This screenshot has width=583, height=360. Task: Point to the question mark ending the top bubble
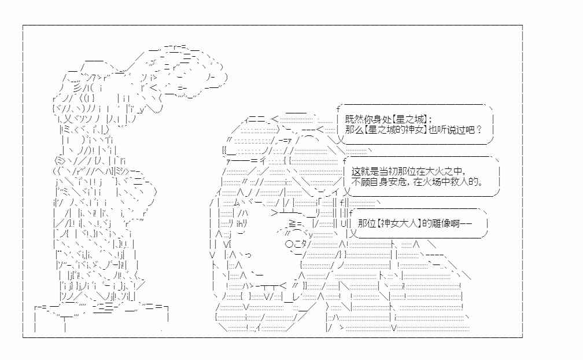pyautogui.click(x=479, y=130)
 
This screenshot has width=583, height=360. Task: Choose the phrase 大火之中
pyautogui.click(x=444, y=171)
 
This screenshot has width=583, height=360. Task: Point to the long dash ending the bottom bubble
pyautogui.click(x=466, y=223)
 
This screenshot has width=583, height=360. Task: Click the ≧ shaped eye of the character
pyautogui.click(x=292, y=223)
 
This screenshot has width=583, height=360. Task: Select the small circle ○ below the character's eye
pyautogui.click(x=290, y=244)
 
